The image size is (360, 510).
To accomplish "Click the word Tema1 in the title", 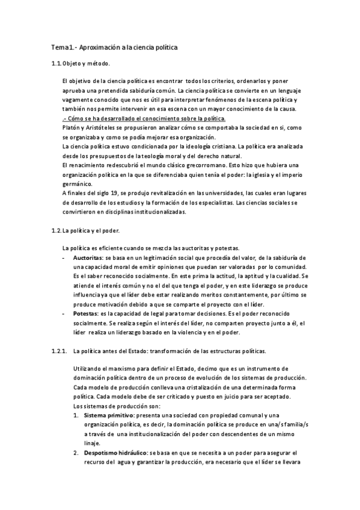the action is pos(61,46).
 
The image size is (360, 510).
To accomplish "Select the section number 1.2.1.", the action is pos(59,350).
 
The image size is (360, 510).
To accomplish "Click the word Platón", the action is pos(72,128).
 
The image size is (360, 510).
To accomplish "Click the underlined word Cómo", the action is pos(75,118).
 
